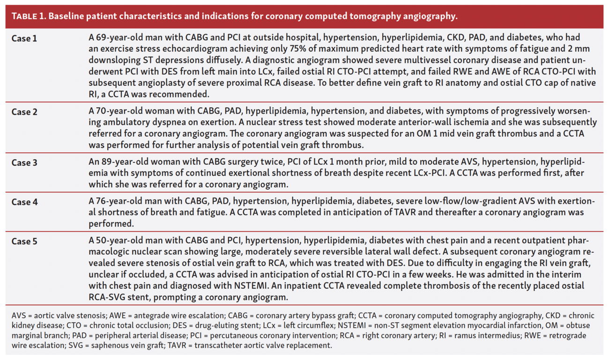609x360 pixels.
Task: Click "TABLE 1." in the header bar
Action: pyautogui.click(x=28, y=16)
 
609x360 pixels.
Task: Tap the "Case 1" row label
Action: pyautogui.click(x=24, y=38)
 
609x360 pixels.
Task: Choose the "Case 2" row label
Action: pyautogui.click(x=24, y=112)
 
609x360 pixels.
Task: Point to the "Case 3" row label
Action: pyautogui.click(x=24, y=162)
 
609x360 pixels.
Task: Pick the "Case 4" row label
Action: pyautogui.click(x=24, y=202)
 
